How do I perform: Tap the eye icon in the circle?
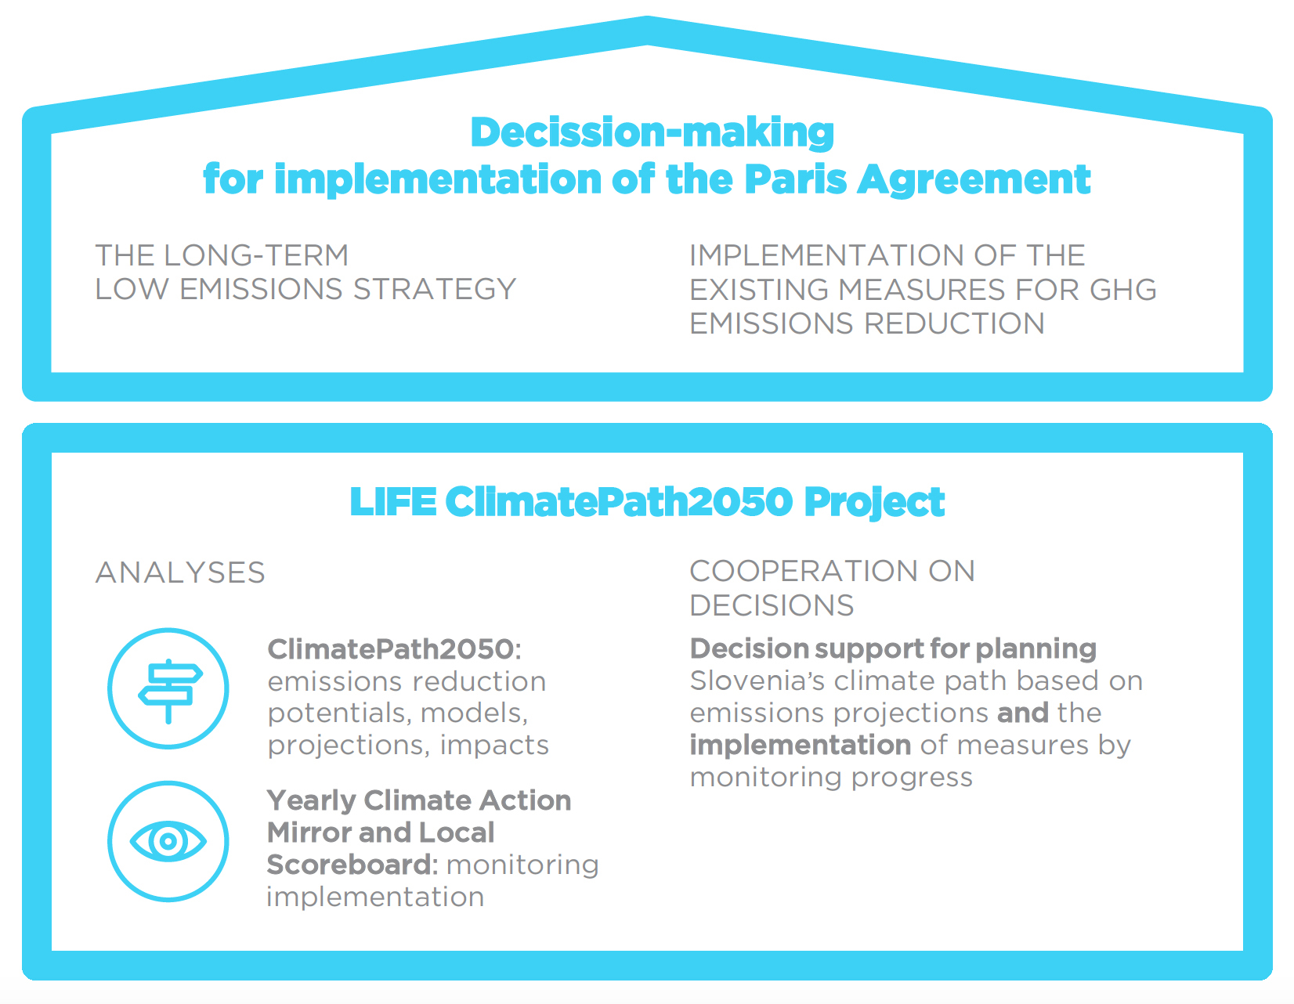[168, 841]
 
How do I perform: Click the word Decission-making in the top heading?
[652, 133]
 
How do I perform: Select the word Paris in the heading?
[795, 179]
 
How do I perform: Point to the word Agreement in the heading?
[974, 180]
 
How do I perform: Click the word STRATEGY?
[435, 290]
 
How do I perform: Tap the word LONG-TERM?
[256, 256]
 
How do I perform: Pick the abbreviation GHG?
[1123, 290]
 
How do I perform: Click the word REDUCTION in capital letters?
[955, 323]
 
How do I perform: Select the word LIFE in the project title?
[393, 502]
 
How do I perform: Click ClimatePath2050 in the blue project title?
[620, 502]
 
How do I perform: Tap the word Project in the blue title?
[874, 503]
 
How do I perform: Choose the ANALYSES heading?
[180, 572]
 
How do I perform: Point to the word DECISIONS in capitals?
[772, 606]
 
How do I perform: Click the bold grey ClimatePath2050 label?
[391, 649]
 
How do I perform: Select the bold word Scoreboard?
[349, 865]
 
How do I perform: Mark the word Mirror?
[316, 832]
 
